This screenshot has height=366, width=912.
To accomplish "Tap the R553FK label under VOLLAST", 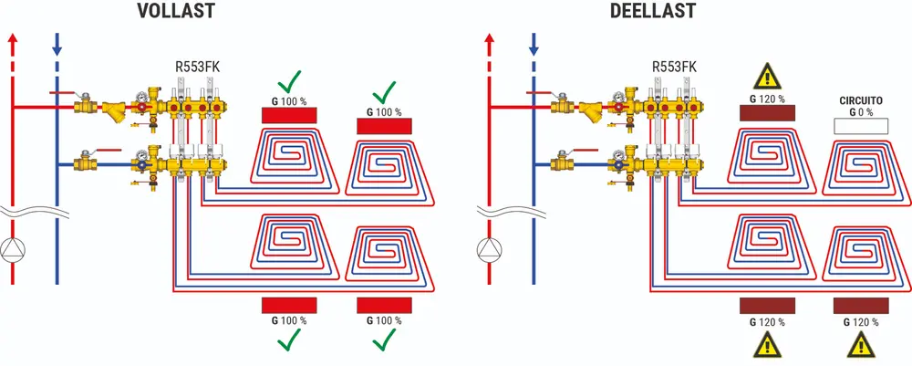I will [197, 67].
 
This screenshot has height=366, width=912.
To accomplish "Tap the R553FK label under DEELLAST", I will [675, 67].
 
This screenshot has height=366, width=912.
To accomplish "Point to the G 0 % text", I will [861, 112].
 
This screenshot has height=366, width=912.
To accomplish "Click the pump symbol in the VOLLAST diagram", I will [13, 248].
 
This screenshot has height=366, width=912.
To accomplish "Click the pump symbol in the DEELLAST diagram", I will [491, 248].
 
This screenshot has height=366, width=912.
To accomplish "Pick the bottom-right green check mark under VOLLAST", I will [384, 340].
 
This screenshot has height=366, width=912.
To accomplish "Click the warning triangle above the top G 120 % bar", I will [767, 76].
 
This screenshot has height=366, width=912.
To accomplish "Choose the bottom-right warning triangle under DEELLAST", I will [861, 345].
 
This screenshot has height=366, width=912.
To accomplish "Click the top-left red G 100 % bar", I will [289, 114].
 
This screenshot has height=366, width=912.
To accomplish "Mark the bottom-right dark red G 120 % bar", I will [861, 305].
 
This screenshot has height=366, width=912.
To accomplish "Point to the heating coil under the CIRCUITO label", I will [861, 169].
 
